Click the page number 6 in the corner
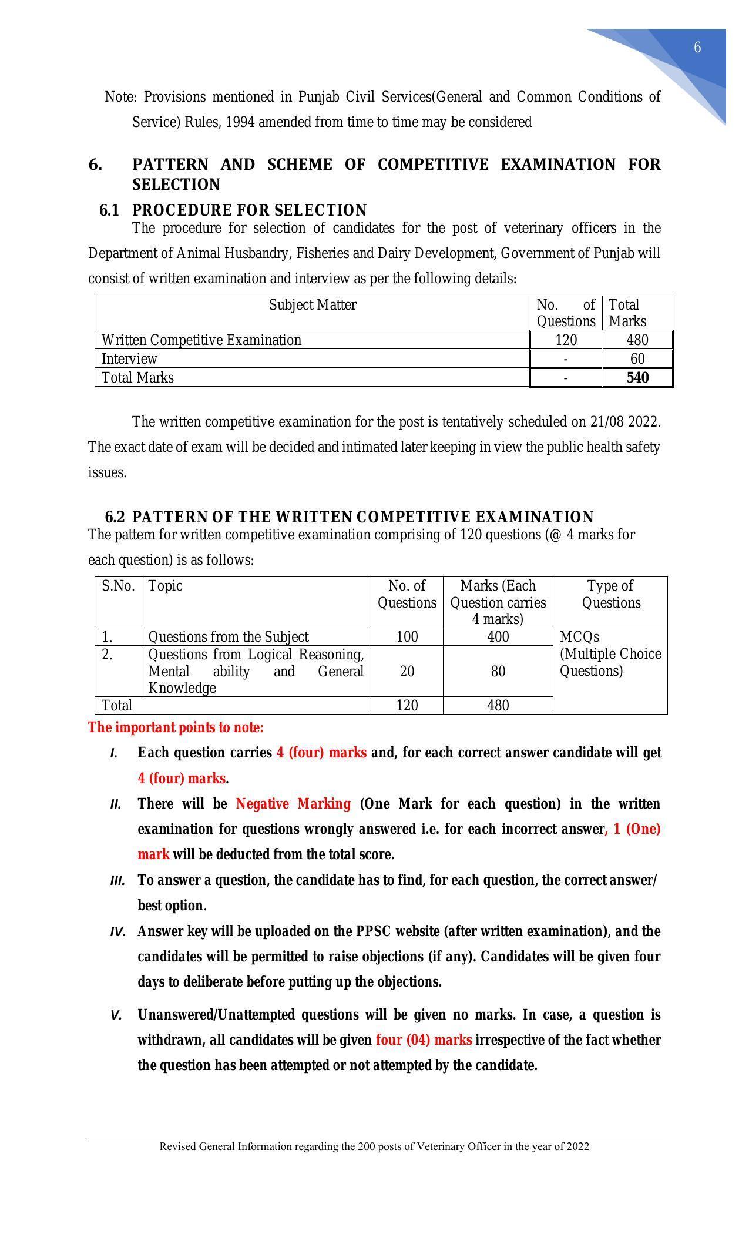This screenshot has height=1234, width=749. point(697,48)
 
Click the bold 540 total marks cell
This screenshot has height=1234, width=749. point(637,377)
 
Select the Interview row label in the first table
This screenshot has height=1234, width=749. point(129,358)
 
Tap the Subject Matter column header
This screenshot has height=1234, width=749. point(313,305)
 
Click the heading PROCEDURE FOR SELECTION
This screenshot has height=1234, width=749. point(249,210)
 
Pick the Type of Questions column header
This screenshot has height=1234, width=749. point(610,594)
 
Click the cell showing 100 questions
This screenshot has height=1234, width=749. point(407,637)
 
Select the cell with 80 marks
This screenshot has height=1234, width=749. point(498,671)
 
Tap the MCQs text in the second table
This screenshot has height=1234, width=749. point(579,637)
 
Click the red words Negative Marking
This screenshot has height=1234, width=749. point(293,803)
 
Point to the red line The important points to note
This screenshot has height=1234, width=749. point(176,727)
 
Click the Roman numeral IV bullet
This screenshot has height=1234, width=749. point(117,932)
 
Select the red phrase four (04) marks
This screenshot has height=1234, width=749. point(424,1039)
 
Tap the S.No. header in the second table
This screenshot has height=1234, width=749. point(118,586)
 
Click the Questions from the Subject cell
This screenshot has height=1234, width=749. point(228,637)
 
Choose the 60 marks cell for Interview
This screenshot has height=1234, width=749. point(637,358)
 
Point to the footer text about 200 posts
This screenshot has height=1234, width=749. point(374,1146)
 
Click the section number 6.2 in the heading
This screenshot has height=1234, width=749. point(115,517)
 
